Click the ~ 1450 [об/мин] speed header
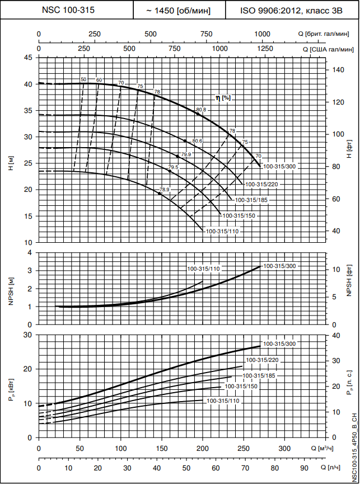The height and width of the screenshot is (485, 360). click(x=178, y=11)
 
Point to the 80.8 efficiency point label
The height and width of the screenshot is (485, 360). click(x=202, y=110)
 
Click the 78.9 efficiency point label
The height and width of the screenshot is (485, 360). click(x=164, y=190)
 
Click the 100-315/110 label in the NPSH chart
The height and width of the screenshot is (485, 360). click(x=203, y=269)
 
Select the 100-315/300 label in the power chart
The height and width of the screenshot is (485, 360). click(x=279, y=343)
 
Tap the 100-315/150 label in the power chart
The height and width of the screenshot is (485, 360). click(x=241, y=386)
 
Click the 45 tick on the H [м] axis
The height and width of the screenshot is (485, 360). click(x=28, y=58)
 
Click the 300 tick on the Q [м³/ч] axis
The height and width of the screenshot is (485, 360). click(x=284, y=449)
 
